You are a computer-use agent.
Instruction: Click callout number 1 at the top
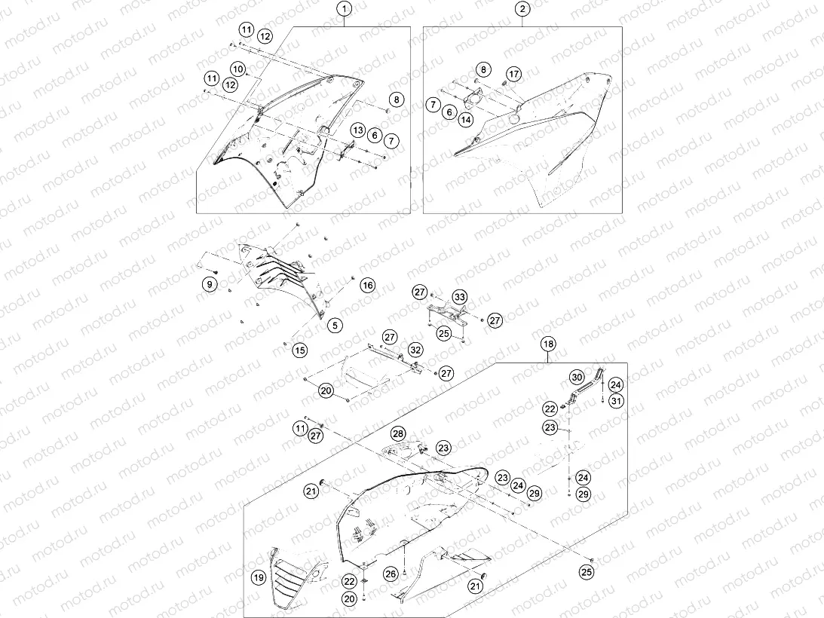345,9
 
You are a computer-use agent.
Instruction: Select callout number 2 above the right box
522,9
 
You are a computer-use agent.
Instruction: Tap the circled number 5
335,326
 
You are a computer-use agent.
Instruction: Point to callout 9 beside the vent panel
210,284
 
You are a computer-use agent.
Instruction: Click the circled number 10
237,69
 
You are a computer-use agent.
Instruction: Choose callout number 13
358,130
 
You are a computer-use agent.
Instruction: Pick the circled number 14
466,120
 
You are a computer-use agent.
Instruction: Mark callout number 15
299,350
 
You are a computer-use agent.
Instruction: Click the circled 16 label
368,286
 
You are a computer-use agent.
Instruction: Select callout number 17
513,74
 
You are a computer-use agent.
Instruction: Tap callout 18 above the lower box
548,344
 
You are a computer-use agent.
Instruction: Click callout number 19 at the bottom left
259,578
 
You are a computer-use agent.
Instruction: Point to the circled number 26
391,574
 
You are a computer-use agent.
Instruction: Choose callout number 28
398,433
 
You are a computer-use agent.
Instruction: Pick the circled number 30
577,378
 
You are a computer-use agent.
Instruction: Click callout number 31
616,401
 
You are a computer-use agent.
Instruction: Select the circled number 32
415,350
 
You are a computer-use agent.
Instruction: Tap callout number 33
460,298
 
